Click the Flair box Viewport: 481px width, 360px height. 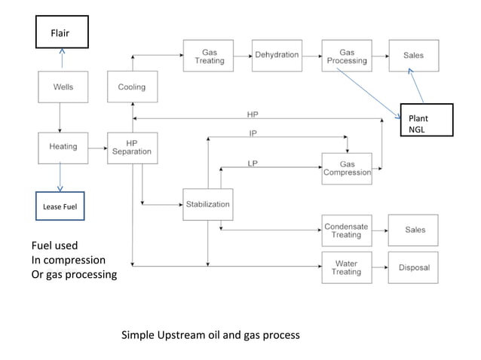click(x=62, y=32)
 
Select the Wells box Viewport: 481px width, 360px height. click(x=63, y=87)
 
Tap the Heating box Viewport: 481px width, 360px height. click(x=63, y=147)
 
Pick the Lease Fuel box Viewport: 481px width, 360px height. click(x=60, y=206)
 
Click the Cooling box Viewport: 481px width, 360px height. click(x=132, y=87)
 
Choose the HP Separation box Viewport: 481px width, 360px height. click(x=132, y=147)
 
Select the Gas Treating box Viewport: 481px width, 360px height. click(x=209, y=56)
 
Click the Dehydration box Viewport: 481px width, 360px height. click(x=277, y=56)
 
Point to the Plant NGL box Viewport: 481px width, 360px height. click(x=427, y=119)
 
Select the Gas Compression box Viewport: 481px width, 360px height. click(x=347, y=168)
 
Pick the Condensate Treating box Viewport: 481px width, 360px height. click(x=347, y=230)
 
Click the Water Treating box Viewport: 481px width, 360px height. click(x=347, y=267)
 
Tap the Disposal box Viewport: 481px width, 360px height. click(x=413, y=267)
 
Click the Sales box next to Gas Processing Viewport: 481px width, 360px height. click(x=413, y=56)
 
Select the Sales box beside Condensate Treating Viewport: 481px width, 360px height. click(x=413, y=230)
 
